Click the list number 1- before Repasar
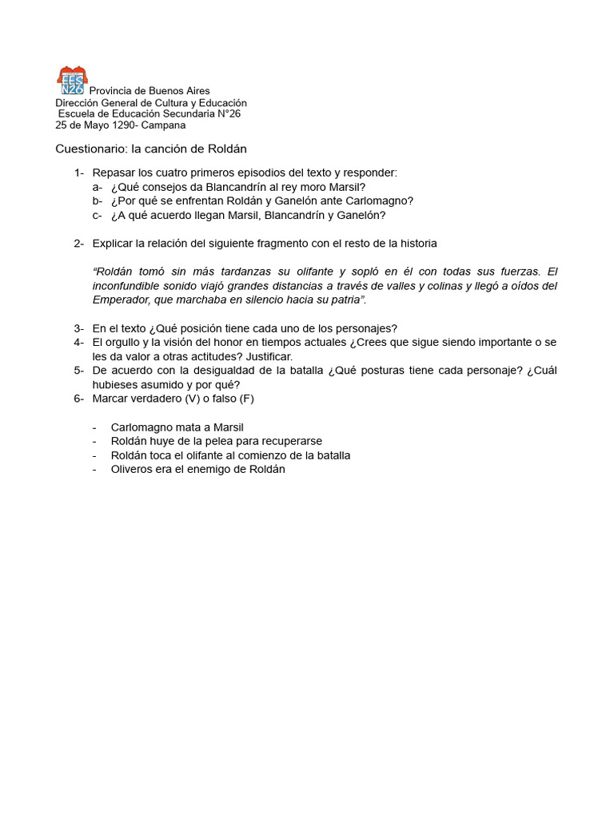click(x=78, y=173)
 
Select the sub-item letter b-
click(x=97, y=201)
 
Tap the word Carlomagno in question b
click(x=380, y=201)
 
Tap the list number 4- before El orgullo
click(x=78, y=342)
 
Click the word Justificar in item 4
click(x=268, y=356)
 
